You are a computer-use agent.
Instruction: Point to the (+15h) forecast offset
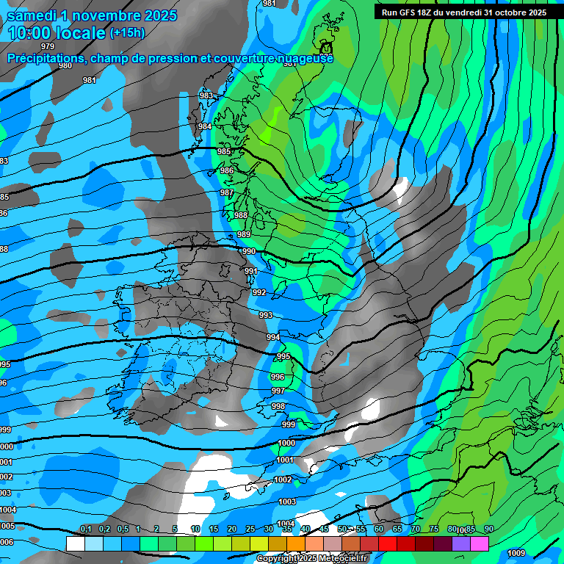tap(127, 33)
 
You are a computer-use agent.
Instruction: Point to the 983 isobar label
tap(206, 96)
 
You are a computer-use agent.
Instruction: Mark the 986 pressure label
tap(227, 171)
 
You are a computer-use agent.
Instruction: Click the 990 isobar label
tap(249, 252)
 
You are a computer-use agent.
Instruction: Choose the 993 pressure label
tap(266, 316)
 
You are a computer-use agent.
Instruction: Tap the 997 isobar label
tap(278, 391)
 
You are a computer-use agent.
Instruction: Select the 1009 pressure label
tap(516, 552)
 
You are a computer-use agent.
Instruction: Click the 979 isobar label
tap(48, 46)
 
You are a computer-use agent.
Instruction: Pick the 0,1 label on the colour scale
tap(86, 529)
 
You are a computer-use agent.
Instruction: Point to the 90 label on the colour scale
tap(488, 529)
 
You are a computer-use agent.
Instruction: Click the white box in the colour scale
tap(75, 543)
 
